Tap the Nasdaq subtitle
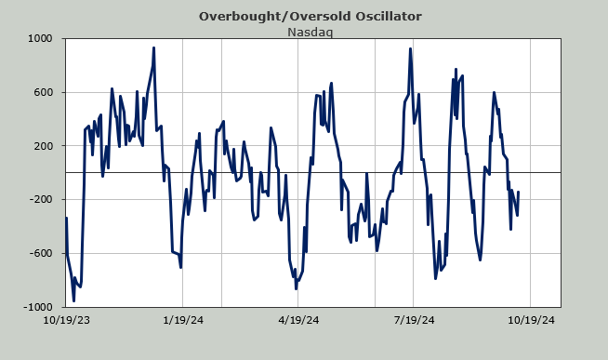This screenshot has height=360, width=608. pos(310,32)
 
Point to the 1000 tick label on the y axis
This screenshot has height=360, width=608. pos(40,38)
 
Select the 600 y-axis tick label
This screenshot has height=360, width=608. pos(43,92)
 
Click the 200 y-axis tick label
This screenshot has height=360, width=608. pos(43,146)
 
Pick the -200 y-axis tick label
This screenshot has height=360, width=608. pos(41,199)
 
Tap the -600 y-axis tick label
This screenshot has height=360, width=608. pos(41,253)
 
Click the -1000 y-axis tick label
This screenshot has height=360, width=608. pos(37,307)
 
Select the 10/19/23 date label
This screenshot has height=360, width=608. pos(66,320)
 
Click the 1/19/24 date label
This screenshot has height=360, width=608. pos(183,320)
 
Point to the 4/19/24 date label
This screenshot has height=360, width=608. pos(298,320)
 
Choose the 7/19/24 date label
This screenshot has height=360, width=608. pos(414,320)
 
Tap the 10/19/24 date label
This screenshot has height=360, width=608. pos(531,320)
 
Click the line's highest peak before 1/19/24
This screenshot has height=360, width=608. pos(154,48)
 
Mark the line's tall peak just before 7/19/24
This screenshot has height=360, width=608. pos(410,49)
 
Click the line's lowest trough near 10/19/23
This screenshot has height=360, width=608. pos(73,300)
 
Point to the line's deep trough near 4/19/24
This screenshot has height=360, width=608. pos(296,288)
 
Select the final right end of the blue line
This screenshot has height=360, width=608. pos(518,192)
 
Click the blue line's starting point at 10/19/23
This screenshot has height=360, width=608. pos(66,218)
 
